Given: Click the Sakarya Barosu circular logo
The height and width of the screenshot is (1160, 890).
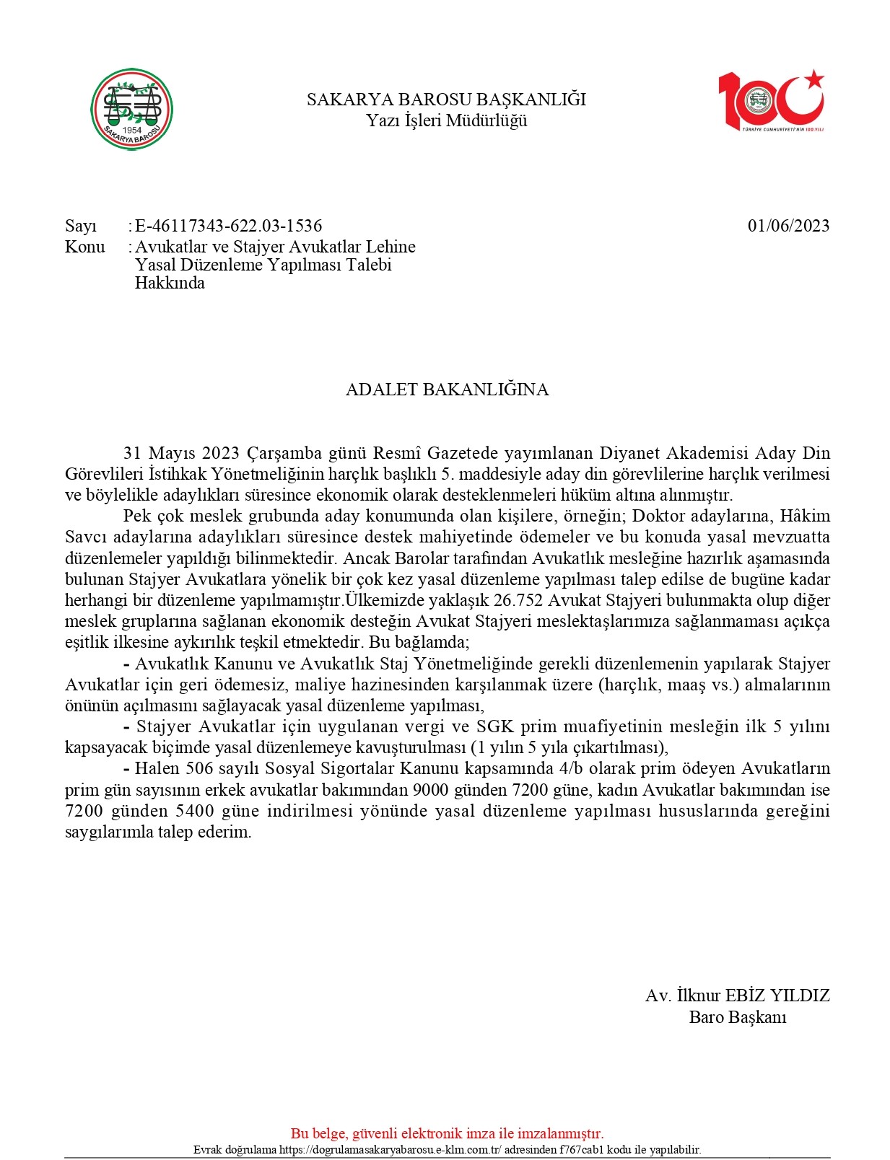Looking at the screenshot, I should click(x=131, y=110).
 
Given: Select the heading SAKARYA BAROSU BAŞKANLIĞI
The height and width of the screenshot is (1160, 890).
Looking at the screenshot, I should click(x=446, y=100).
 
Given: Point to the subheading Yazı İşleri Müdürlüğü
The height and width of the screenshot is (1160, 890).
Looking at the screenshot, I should click(x=446, y=120).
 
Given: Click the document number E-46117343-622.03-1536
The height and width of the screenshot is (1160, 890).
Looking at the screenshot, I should click(x=228, y=226).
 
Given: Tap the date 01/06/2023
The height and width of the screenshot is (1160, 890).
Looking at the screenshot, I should click(x=788, y=226).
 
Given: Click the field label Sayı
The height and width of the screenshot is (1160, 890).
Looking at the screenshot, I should click(x=81, y=226).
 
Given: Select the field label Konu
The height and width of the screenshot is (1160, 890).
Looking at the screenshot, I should click(x=84, y=247).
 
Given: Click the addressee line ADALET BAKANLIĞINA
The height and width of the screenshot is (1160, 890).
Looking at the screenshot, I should click(x=447, y=390).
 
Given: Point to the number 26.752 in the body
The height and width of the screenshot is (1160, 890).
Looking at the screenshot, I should click(x=518, y=600).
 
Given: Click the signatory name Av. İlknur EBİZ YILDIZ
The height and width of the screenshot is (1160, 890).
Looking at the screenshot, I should click(x=737, y=996).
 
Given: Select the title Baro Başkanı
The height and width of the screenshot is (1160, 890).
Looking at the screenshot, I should click(x=737, y=1017).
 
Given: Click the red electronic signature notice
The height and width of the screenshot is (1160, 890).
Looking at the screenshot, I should click(x=447, y=1133).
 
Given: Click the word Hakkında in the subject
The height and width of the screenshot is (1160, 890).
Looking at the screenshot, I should click(x=170, y=283).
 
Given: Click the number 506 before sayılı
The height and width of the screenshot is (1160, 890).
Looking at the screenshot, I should click(x=198, y=768).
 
